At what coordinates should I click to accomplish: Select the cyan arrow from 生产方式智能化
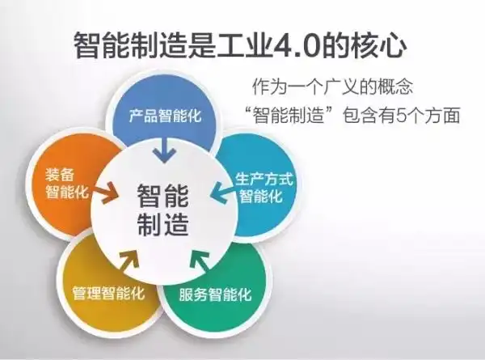tap(220, 193)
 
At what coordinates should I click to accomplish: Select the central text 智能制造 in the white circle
tap(162, 209)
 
